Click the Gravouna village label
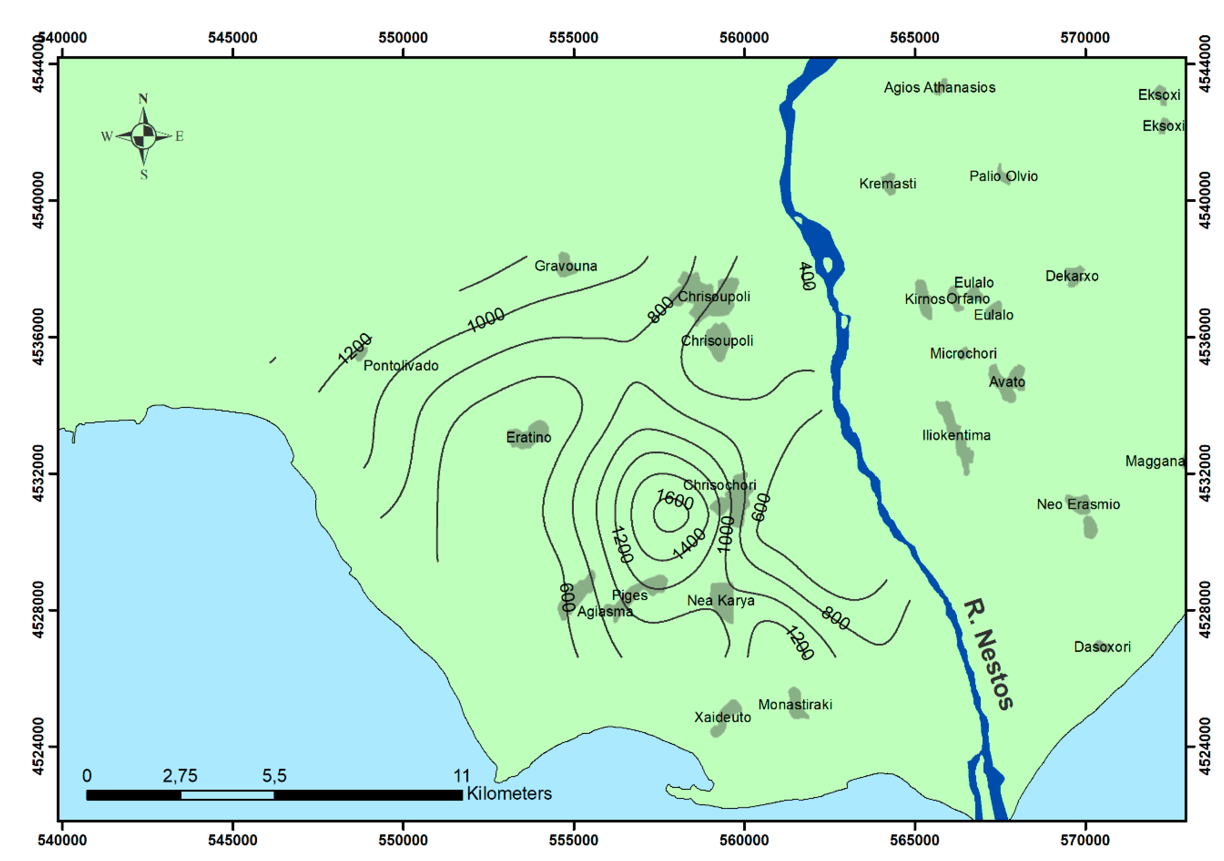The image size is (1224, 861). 565,266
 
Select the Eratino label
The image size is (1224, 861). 528,437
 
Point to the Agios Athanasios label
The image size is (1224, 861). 939,87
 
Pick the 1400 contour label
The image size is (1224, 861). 689,543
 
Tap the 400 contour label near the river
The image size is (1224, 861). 807,276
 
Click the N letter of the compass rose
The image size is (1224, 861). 143,99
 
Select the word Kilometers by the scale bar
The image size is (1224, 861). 509,793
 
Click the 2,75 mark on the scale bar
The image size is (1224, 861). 180,776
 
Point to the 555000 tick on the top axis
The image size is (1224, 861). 573,38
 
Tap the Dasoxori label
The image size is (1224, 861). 1102,647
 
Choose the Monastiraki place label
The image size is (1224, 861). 795,704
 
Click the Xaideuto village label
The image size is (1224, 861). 722,717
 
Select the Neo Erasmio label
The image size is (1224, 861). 1078,504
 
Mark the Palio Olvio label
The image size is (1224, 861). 1003,176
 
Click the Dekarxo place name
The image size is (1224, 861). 1072,276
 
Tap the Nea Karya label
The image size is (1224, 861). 720,601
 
